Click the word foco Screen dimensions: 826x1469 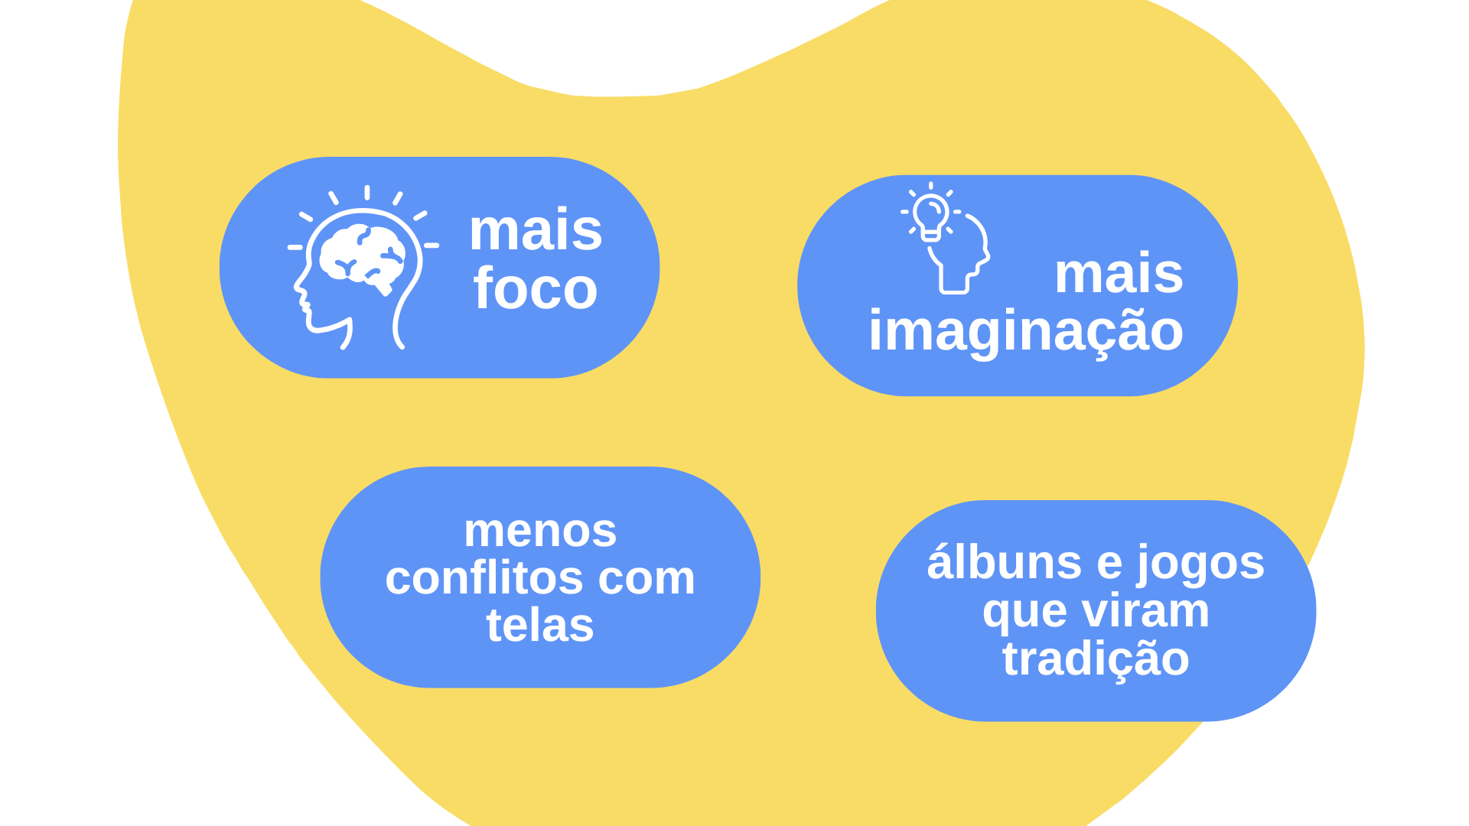coord(535,289)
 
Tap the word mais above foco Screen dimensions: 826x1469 coord(536,230)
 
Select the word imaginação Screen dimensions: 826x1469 coord(1025,330)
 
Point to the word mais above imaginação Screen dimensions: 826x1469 coord(1119,273)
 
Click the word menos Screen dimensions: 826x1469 coord(540,530)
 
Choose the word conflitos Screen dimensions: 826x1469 coord(485,577)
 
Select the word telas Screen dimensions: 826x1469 coord(540,625)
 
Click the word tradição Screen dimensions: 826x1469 coord(1096,659)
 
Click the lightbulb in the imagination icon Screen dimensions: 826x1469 coord(931,214)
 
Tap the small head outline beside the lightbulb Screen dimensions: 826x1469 coord(960,260)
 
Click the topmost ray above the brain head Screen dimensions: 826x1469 coord(367,193)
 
